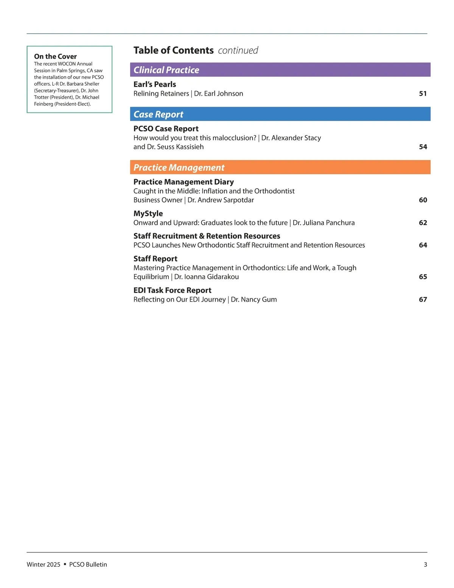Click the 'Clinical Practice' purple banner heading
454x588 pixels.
166,70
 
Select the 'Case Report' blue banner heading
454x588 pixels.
159,114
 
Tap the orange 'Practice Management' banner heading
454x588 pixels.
179,168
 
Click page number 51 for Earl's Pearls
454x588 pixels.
423,94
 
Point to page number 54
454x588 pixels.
423,147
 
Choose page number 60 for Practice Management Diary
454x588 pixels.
423,200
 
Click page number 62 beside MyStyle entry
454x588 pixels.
423,223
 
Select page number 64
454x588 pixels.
423,245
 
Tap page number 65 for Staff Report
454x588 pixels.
423,277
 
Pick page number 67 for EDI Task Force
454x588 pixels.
423,299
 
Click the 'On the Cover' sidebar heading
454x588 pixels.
55,56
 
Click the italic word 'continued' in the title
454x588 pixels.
238,50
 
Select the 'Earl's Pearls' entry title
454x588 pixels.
155,84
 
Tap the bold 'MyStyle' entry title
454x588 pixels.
148,214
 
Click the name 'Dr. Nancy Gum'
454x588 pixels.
254,299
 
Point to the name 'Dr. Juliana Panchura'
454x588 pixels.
324,223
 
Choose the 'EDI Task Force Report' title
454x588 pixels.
172,290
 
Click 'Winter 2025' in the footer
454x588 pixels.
44,565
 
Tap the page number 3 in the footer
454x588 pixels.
425,565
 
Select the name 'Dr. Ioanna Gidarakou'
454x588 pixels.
207,277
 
